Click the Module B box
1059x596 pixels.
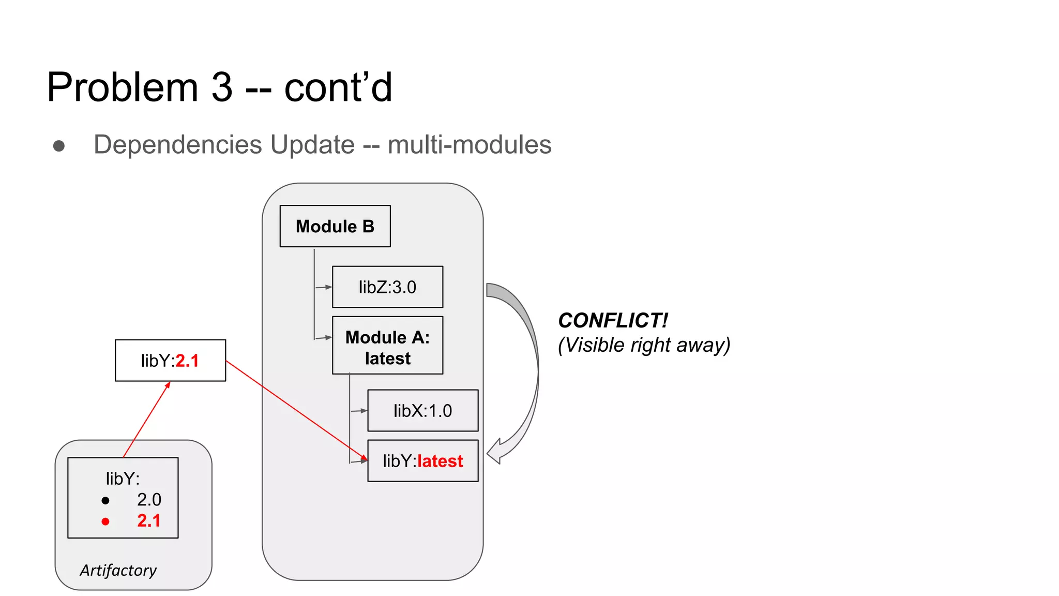pos(335,226)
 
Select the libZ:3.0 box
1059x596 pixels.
pos(387,287)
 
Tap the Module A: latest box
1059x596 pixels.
pos(387,346)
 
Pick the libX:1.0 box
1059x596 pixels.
pos(422,411)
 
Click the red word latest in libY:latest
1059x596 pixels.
pos(440,461)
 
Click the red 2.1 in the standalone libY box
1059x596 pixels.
pos(187,361)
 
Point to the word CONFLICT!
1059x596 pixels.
pos(613,321)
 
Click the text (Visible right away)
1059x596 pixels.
pos(644,345)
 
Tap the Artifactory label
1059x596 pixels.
pos(118,570)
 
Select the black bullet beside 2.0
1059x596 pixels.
pos(105,500)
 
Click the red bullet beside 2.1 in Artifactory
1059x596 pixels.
pos(105,521)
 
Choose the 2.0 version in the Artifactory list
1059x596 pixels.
pos(149,500)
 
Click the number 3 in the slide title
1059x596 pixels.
pos(222,87)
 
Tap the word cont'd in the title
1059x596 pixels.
pos(338,87)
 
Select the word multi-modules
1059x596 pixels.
pos(470,144)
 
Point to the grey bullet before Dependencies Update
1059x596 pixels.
pos(59,146)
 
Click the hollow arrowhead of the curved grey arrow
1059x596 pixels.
pos(495,451)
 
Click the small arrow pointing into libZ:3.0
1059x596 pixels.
pos(327,287)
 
